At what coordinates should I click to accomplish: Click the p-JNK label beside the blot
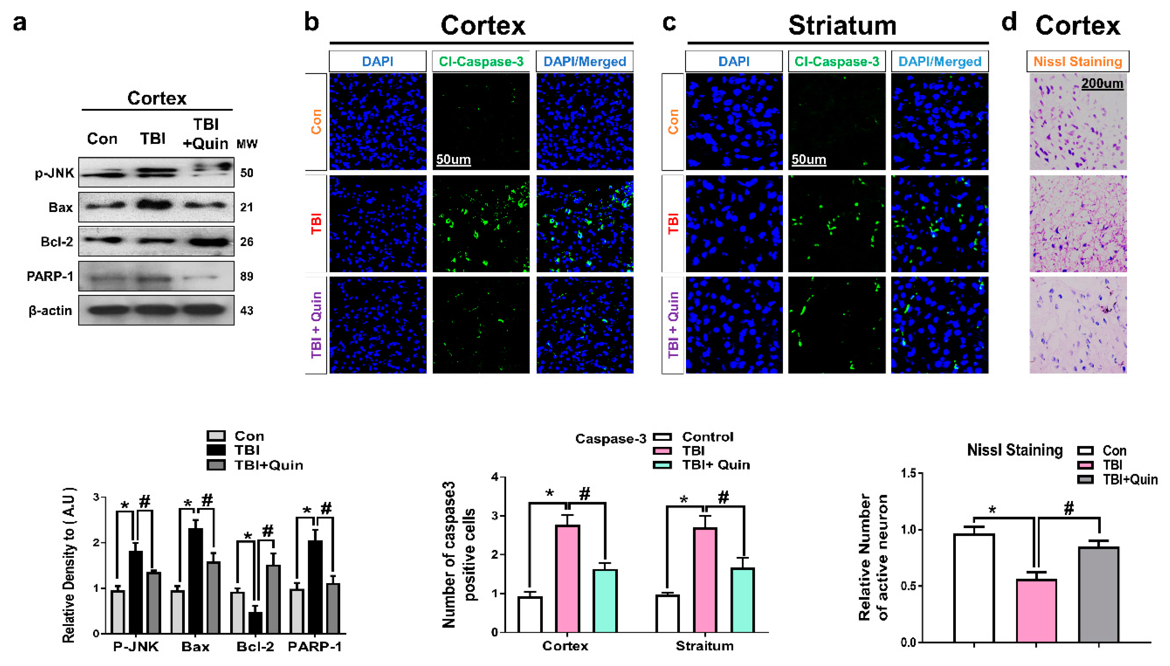(54, 173)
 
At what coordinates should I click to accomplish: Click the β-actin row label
(50, 311)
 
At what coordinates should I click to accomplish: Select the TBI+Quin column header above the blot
(206, 134)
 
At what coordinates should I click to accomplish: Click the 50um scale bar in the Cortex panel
(453, 160)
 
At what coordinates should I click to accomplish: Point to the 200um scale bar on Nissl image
(1102, 84)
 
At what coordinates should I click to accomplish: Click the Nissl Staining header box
(1077, 61)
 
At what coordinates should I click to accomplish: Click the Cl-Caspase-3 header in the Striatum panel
(837, 61)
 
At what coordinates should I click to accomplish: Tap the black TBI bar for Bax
(196, 581)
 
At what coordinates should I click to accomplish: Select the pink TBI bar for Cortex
(568, 579)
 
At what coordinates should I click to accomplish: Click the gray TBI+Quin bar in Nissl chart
(1099, 595)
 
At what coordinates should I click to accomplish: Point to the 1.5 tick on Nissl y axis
(908, 473)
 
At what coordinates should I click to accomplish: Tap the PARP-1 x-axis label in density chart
(314, 646)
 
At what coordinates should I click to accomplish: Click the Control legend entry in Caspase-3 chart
(707, 437)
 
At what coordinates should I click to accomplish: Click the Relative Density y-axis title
(69, 565)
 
